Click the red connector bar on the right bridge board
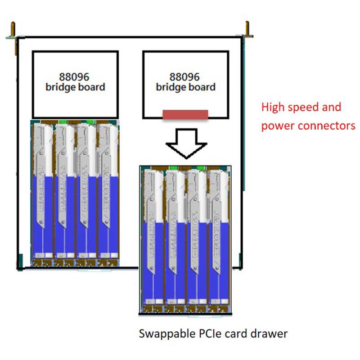coord(185,114)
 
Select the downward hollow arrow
coord(186,142)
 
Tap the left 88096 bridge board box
coord(75,83)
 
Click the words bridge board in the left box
coord(75,87)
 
